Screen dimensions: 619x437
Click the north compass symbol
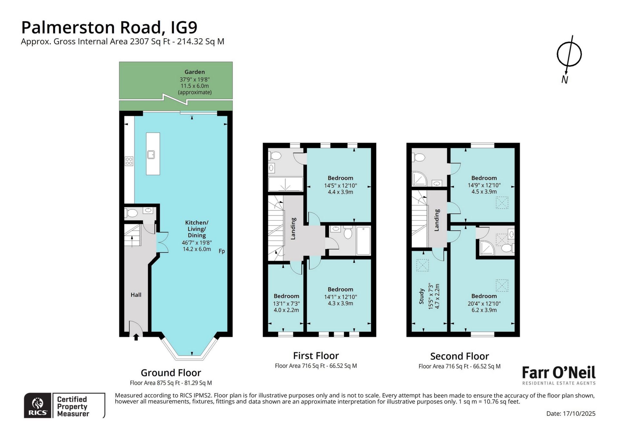click(569, 55)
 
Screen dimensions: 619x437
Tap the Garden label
click(195, 72)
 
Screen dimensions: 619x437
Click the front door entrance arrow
click(136, 337)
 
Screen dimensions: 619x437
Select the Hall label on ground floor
click(136, 295)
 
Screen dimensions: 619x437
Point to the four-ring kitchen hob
click(129, 161)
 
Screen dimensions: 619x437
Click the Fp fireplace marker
click(222, 251)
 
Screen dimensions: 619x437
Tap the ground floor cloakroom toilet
click(131, 213)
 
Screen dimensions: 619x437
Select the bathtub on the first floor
click(363, 241)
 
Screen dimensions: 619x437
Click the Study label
click(421, 296)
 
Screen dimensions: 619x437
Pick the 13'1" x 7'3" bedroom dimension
click(286, 303)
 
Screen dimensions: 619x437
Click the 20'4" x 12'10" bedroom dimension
click(484, 303)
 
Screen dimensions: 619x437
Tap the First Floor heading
click(316, 356)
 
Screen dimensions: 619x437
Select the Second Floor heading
click(460, 356)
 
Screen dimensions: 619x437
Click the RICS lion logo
click(38, 403)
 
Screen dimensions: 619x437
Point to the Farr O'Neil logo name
click(559, 373)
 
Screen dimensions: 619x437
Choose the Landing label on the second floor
click(437, 220)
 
